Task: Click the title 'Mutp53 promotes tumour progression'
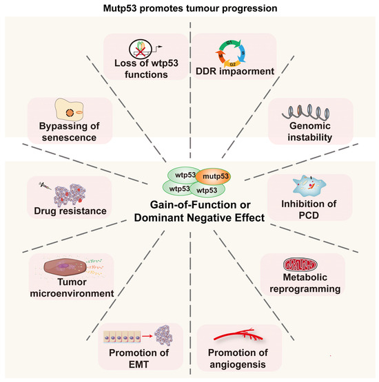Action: pos(189,8)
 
